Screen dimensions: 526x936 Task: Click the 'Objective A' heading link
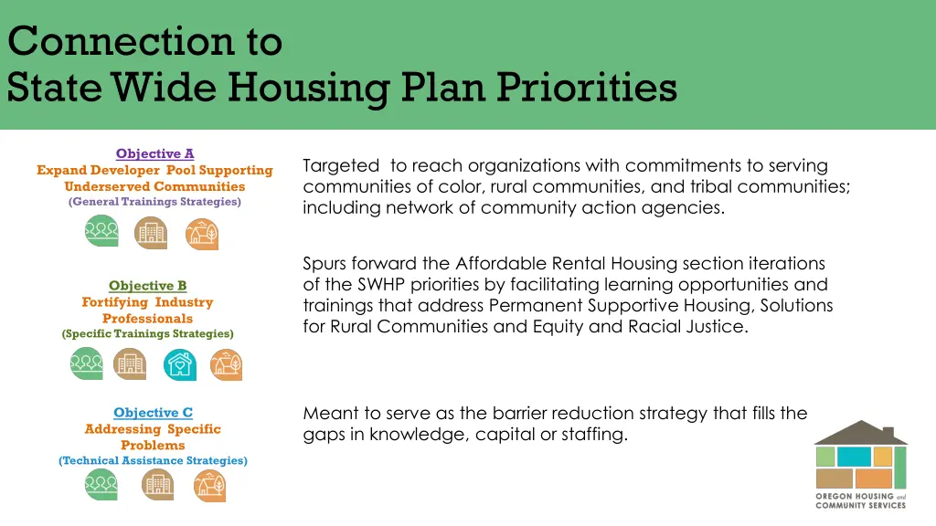click(154, 153)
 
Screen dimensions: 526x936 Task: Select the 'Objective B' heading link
click(147, 286)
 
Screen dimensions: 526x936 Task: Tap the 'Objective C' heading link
click(153, 413)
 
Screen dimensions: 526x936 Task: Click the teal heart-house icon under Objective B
click(180, 365)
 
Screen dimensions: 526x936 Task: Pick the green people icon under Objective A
click(101, 233)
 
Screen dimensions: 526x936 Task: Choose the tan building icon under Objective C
click(157, 486)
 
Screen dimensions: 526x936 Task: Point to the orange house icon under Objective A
click(202, 233)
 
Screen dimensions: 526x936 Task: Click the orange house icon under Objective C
click(209, 486)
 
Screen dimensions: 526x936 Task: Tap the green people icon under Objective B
click(87, 365)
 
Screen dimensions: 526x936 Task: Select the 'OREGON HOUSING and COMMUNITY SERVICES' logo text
click(860, 500)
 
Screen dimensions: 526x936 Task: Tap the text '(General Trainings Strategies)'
click(154, 202)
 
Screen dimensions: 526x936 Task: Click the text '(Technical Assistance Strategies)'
click(153, 461)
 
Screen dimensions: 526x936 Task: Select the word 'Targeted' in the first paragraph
click(340, 166)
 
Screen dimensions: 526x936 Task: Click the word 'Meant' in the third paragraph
click(327, 414)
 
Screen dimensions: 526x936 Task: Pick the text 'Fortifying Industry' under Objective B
click(147, 302)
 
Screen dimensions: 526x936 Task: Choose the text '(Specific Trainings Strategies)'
click(147, 334)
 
